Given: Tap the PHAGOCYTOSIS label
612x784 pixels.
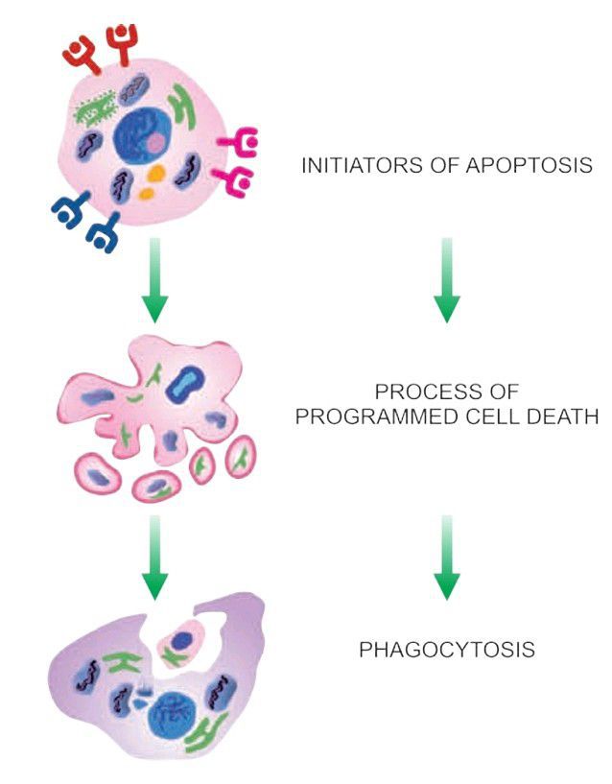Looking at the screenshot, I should [446, 650].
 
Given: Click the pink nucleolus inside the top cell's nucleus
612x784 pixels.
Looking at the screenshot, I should [155, 144].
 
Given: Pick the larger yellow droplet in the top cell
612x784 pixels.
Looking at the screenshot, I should [157, 175].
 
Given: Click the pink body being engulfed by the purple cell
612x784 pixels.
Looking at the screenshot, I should [182, 640].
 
